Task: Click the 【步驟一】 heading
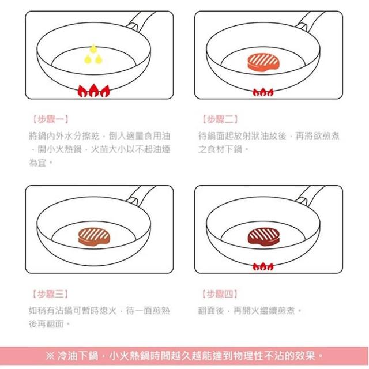click(50, 119)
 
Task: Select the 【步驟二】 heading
click(220, 119)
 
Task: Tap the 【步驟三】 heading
click(50, 294)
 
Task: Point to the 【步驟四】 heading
click(220, 294)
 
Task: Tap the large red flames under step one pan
click(93, 91)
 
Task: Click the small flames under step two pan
click(263, 92)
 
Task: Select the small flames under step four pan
click(263, 266)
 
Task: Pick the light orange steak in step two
click(263, 62)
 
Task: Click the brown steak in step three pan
click(94, 236)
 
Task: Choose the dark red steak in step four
click(263, 236)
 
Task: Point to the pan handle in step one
click(140, 21)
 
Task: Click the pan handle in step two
click(310, 21)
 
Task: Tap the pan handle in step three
click(140, 195)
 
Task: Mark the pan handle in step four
click(310, 195)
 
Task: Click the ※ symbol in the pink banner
click(50, 356)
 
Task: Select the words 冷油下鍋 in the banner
click(78, 356)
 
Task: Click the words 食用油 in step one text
click(157, 136)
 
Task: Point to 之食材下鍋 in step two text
click(220, 149)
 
